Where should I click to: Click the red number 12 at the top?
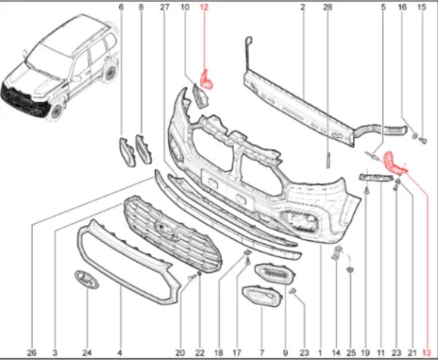[204, 7]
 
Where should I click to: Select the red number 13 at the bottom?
[426, 353]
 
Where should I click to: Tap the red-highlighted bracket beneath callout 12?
[207, 80]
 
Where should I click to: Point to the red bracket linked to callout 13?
[394, 164]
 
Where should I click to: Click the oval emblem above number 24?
[87, 279]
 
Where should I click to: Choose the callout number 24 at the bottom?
[87, 353]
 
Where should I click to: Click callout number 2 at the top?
[303, 7]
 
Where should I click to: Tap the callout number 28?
[328, 7]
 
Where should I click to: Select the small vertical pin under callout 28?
[328, 161]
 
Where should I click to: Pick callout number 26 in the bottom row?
[31, 353]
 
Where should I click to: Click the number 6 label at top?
[121, 7]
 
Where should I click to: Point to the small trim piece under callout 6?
[127, 152]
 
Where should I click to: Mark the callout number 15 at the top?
[422, 7]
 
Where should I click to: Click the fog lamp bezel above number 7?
[261, 296]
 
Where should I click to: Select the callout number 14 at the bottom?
[336, 353]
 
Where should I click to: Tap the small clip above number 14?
[337, 252]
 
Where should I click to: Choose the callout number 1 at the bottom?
[320, 353]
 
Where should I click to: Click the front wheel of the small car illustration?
[57, 111]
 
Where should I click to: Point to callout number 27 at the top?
[164, 7]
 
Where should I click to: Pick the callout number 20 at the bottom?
[180, 353]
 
